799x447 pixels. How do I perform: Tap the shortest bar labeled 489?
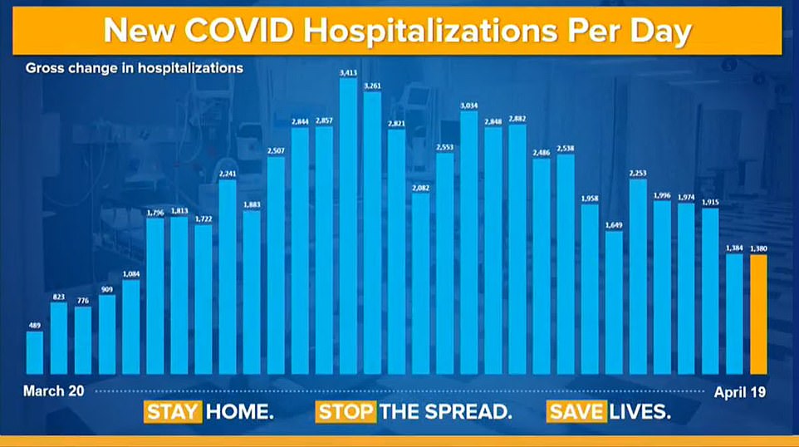click(x=35, y=353)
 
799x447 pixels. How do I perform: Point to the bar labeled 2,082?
click(x=421, y=282)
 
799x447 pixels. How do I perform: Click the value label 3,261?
click(x=372, y=85)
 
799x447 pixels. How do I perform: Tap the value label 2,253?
click(x=638, y=172)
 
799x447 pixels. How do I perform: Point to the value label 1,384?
click(x=734, y=248)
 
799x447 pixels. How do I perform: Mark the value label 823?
click(x=59, y=296)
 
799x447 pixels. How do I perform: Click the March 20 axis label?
click(x=46, y=390)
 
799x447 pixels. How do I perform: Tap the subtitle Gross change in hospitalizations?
click(x=135, y=68)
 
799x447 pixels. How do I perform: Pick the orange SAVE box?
click(x=576, y=411)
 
